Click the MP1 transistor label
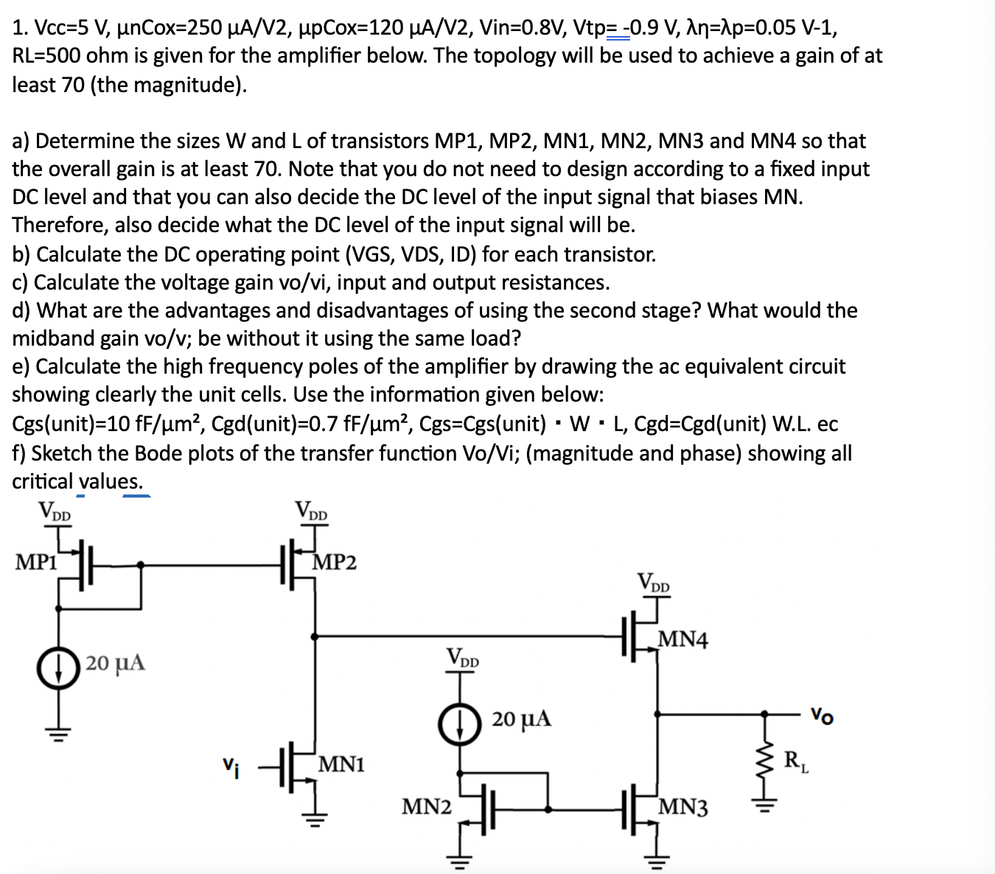(x=36, y=562)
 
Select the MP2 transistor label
(x=335, y=563)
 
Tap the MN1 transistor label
(x=341, y=764)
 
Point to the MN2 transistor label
(x=426, y=807)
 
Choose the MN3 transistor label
(x=683, y=808)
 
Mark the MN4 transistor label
(x=682, y=639)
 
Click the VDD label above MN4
(x=654, y=583)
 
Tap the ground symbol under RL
(x=764, y=806)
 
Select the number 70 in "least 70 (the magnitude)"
(x=73, y=85)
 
